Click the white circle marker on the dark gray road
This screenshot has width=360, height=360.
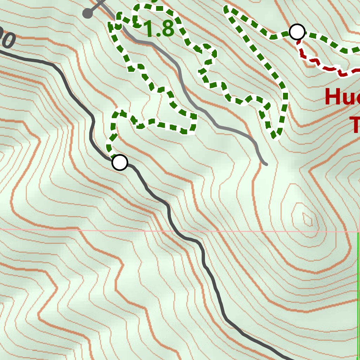point(120,162)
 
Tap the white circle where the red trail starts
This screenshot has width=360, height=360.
point(297,32)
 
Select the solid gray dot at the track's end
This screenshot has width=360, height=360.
point(88,14)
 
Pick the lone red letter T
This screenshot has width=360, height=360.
point(355,125)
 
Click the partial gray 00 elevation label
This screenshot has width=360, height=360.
point(7,39)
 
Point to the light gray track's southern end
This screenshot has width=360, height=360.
point(266,164)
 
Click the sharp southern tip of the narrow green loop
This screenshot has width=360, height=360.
point(275,136)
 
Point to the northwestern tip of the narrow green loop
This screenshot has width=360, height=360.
point(226,8)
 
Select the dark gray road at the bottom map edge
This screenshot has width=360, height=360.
point(288,358)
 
